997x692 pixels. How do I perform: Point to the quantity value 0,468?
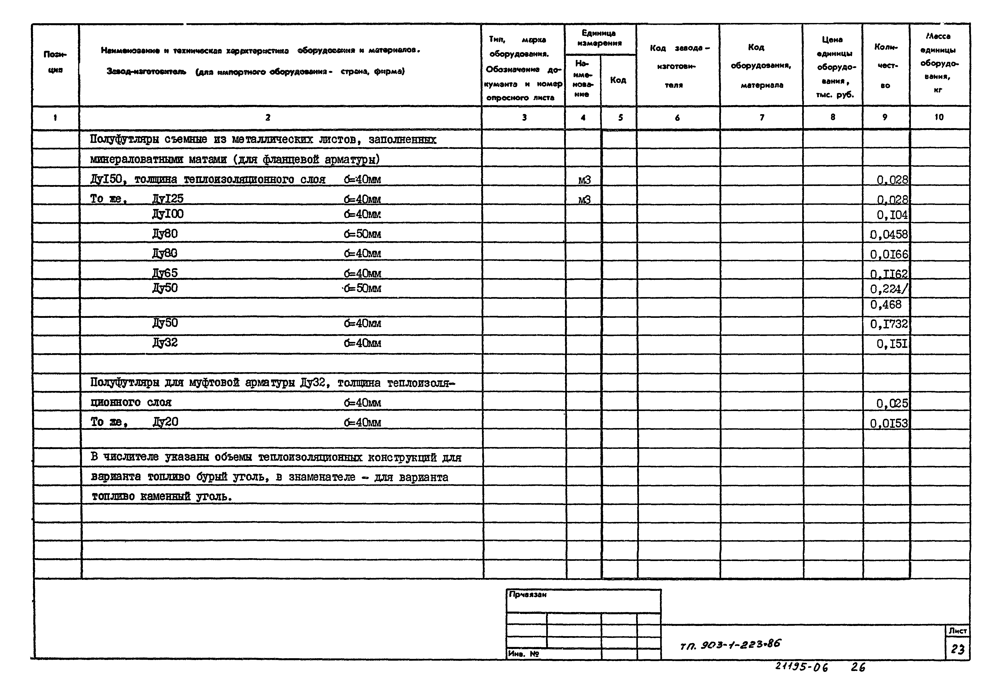(886, 305)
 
